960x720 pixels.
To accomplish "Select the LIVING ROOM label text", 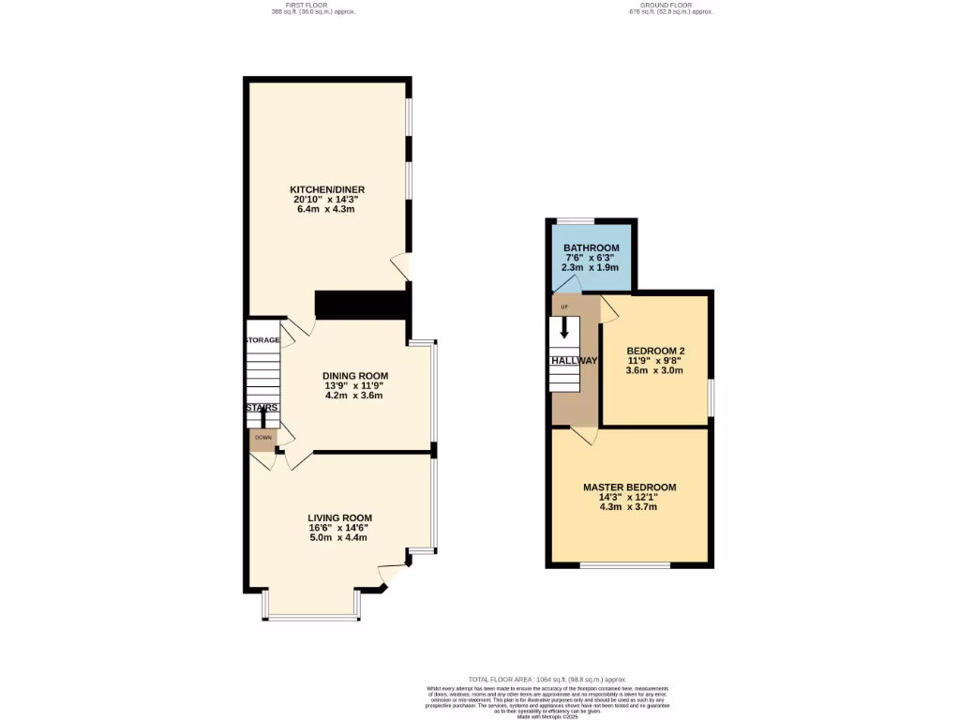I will (x=339, y=517).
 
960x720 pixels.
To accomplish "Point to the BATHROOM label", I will (x=592, y=247).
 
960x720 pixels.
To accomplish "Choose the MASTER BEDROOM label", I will (x=629, y=487).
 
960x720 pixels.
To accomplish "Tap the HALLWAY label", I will (x=574, y=361).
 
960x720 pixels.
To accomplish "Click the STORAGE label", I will (x=262, y=339).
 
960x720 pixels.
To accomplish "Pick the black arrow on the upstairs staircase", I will (x=564, y=327).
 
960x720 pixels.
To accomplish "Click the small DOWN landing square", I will (x=262, y=438).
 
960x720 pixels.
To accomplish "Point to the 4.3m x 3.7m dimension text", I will (x=629, y=507).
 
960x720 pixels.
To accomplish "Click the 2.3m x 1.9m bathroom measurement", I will (x=592, y=267).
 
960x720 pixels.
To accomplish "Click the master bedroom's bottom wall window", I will (x=624, y=564).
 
